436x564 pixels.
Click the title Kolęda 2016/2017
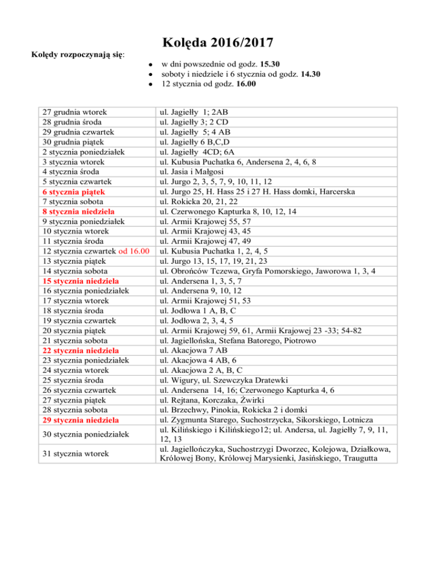[218, 42]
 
